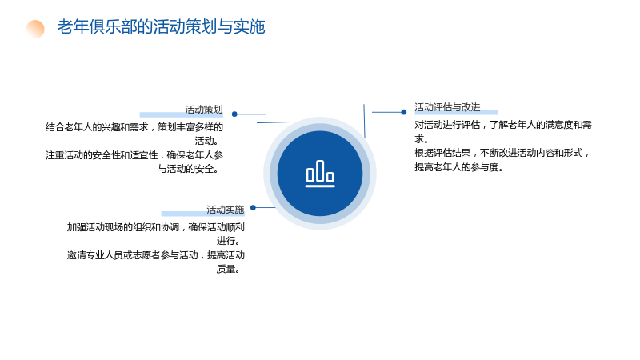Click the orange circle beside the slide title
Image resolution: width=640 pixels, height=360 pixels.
(35, 29)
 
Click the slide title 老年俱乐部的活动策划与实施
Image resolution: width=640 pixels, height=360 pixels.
(161, 27)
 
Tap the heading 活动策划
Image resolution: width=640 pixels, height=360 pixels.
(204, 110)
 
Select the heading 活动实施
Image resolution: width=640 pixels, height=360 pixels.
(226, 210)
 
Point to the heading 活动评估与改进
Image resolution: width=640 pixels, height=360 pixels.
(447, 107)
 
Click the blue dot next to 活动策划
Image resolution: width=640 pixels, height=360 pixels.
(234, 114)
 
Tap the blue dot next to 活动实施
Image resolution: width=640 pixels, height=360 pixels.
(253, 208)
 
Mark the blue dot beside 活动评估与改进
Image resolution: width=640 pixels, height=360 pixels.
(404, 112)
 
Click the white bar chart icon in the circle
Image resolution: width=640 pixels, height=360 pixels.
(320, 174)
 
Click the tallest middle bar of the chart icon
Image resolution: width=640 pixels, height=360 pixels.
(320, 170)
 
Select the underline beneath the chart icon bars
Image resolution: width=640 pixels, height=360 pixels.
(320, 186)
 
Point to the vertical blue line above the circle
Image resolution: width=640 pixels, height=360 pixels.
(364, 121)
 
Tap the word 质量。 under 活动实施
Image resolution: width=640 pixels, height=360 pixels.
(228, 269)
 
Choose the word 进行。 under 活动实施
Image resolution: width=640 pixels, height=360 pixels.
(228, 241)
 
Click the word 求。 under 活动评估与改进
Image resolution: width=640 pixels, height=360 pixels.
(422, 138)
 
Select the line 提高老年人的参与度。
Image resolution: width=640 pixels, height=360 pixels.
(458, 167)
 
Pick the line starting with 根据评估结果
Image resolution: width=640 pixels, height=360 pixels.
(502, 153)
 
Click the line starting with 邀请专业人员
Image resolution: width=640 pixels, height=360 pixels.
(156, 255)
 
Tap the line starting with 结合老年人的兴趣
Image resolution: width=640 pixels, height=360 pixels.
(134, 127)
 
